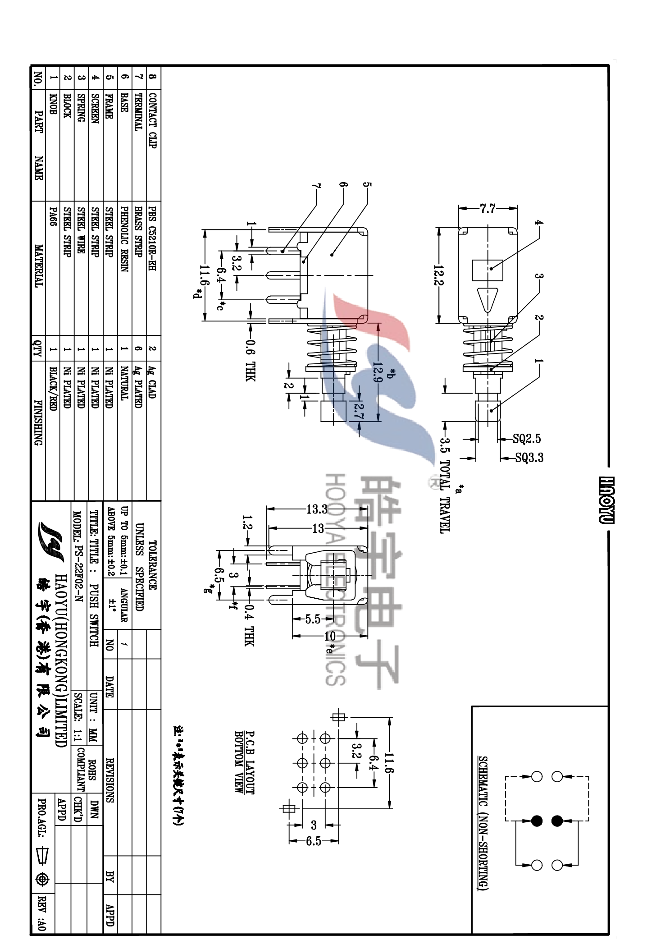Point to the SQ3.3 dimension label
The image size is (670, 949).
(529, 458)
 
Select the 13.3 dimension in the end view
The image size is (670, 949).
(317, 509)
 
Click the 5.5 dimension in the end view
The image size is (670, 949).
(312, 619)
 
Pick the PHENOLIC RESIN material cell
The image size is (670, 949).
(123, 238)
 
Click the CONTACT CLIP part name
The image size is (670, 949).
(152, 120)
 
